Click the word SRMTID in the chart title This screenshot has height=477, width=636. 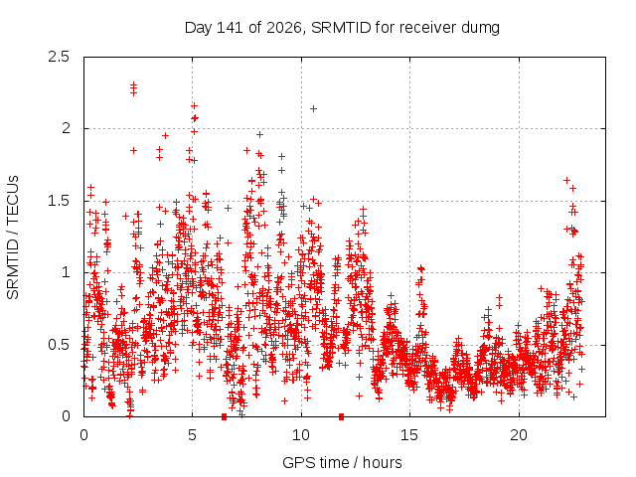click(x=341, y=28)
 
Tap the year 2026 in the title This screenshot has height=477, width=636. click(x=284, y=28)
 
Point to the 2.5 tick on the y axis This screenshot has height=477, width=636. click(x=59, y=57)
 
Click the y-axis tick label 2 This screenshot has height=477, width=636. click(x=66, y=128)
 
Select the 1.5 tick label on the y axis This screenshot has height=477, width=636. click(x=59, y=201)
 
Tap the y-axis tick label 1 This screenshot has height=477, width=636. click(x=66, y=272)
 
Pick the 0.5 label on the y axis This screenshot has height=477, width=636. click(x=59, y=345)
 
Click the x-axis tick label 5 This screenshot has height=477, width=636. click(x=192, y=435)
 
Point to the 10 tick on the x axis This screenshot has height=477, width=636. click(x=301, y=435)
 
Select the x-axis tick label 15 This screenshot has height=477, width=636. click(x=409, y=435)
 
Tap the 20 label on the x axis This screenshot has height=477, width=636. click(x=519, y=435)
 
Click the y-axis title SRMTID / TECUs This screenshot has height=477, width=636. click(x=13, y=238)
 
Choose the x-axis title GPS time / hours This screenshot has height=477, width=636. click(x=342, y=462)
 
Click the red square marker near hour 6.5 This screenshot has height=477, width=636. click(x=224, y=416)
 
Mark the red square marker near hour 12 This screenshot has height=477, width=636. click(x=342, y=416)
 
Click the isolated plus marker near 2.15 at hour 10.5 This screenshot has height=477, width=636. click(x=313, y=108)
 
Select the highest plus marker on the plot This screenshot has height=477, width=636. click(x=133, y=84)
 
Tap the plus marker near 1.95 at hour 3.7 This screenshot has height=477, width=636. click(x=165, y=135)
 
